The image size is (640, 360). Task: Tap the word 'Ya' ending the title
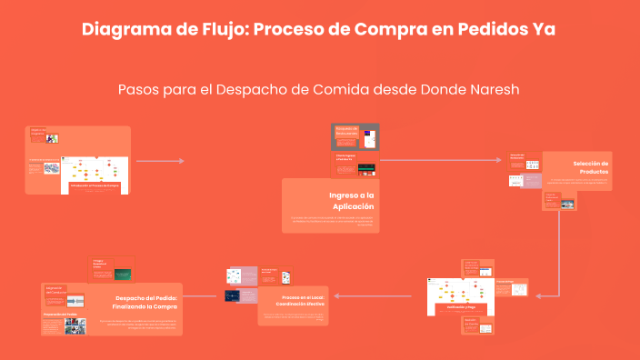coord(543,29)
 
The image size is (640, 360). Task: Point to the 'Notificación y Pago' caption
coord(460,307)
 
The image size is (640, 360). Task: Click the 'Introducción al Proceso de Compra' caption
coord(95,185)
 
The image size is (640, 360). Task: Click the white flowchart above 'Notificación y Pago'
coord(459,289)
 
